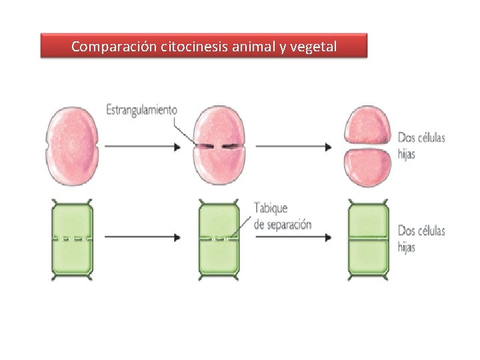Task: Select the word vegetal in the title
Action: click(313, 47)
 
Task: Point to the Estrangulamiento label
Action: click(141, 109)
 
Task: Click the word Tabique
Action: click(271, 208)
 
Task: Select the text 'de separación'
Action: click(283, 224)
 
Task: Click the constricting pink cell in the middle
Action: click(218, 145)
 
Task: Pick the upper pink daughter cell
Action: click(367, 125)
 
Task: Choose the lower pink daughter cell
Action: click(367, 167)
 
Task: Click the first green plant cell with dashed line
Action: click(72, 238)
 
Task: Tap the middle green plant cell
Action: click(218, 238)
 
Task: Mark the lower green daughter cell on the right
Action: click(368, 256)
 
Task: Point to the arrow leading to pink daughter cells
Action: click(293, 146)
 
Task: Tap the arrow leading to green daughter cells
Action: click(293, 238)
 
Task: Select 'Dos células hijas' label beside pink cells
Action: click(421, 145)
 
